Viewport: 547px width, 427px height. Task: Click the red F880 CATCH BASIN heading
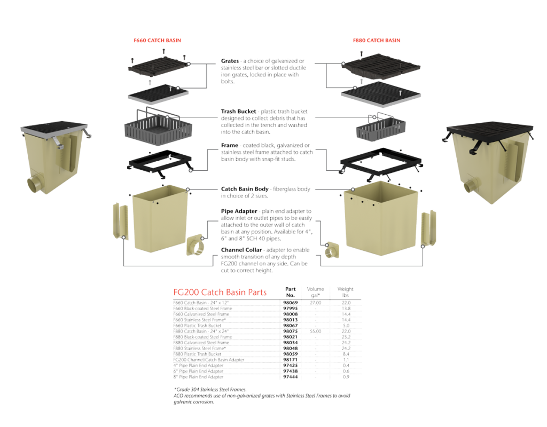(377, 41)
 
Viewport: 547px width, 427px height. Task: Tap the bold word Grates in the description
(230, 61)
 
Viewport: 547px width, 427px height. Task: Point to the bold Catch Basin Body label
(245, 189)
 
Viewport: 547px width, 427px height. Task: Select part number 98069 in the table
(291, 303)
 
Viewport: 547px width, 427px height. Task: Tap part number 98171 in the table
(291, 360)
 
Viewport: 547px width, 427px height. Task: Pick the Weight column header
(346, 291)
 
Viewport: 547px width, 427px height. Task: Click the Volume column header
(315, 291)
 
